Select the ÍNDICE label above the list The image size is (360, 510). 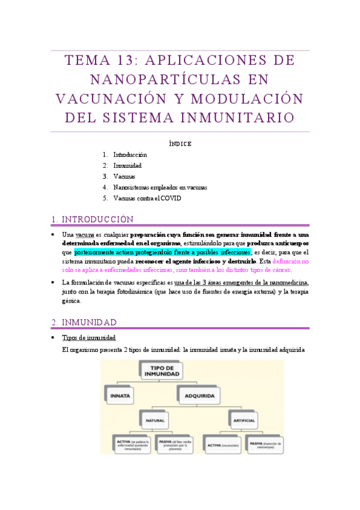(x=180, y=144)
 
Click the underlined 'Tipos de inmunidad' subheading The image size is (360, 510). (x=89, y=337)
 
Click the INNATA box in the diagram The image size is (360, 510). (x=122, y=396)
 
